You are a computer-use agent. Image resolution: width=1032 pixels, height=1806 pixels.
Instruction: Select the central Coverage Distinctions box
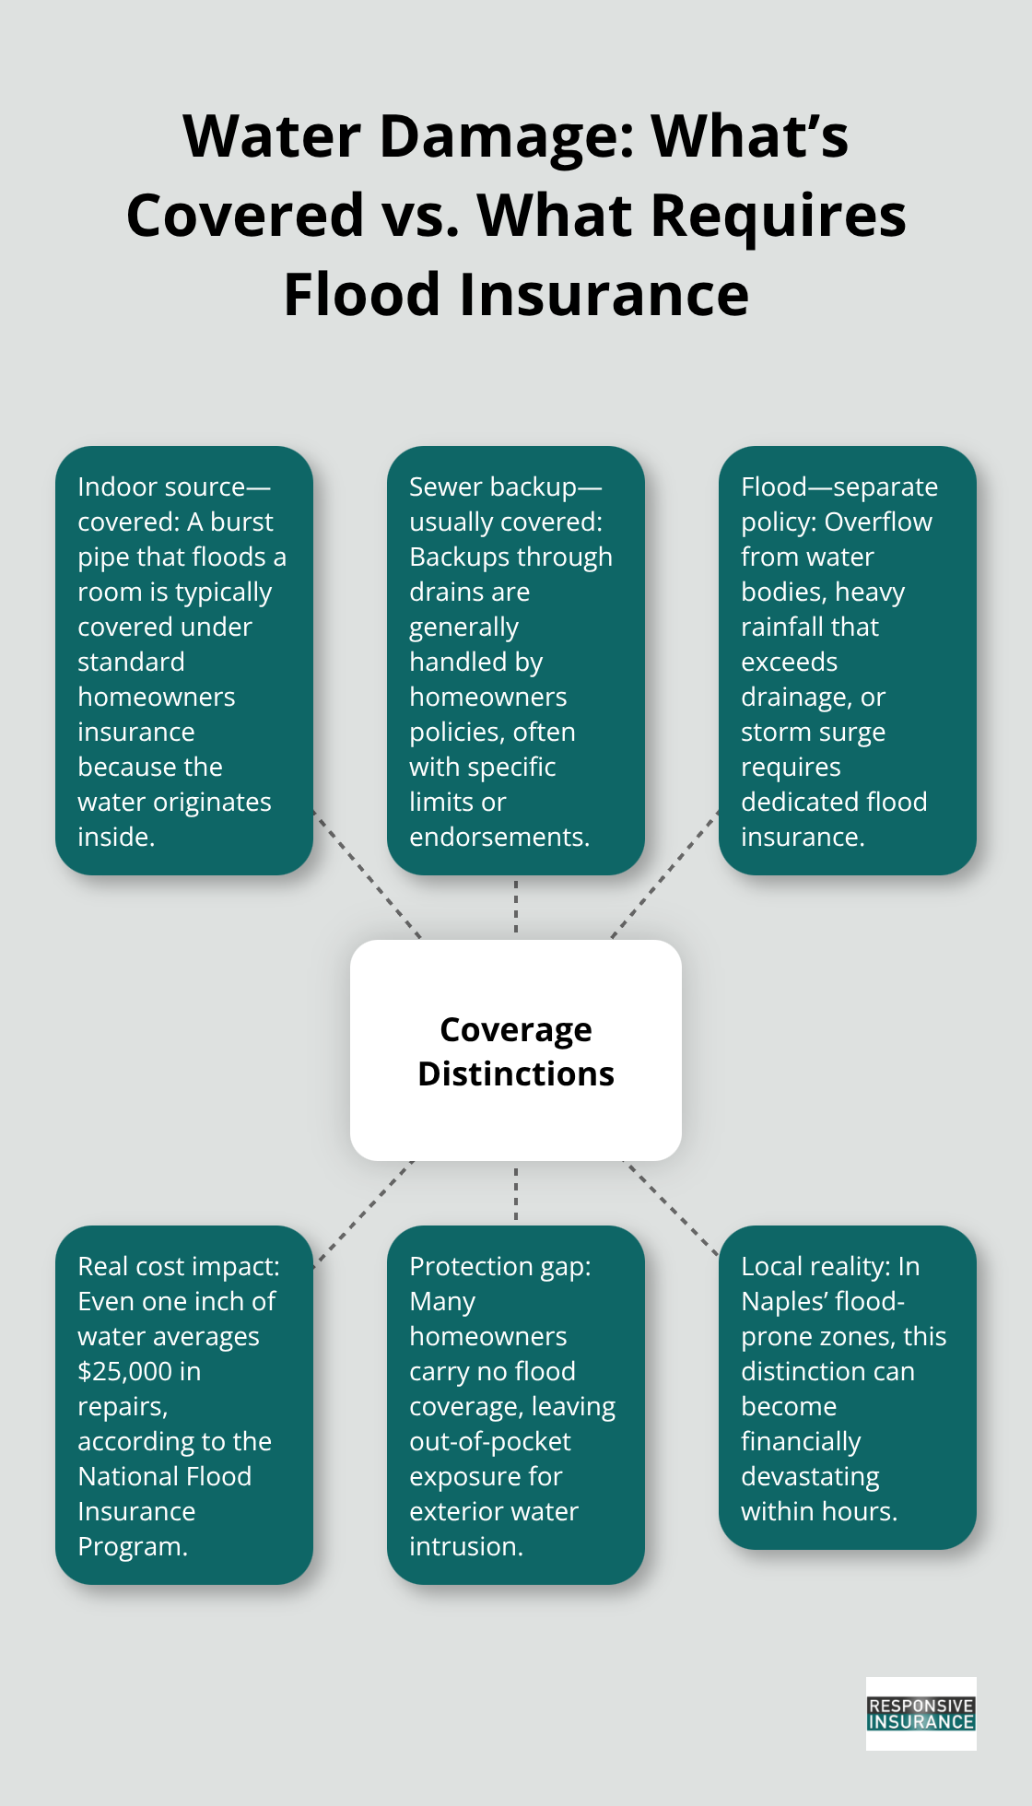(516, 1050)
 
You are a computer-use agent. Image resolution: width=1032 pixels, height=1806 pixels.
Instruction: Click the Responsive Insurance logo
(921, 1714)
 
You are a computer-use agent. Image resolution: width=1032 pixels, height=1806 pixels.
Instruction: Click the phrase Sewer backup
(493, 487)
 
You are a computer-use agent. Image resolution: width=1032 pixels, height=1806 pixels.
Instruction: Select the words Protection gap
(499, 1267)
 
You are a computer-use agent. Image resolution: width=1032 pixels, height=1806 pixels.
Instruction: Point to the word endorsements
(498, 838)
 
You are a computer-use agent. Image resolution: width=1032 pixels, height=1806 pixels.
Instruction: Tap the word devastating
(810, 1477)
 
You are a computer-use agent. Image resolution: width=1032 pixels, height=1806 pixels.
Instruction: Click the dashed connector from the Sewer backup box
(516, 908)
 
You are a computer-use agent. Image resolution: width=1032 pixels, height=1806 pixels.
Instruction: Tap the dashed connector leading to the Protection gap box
(516, 1193)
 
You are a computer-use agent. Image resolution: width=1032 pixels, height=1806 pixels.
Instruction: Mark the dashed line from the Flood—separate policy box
(663, 875)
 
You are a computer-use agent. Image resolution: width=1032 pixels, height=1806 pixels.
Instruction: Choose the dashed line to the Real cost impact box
(364, 1212)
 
